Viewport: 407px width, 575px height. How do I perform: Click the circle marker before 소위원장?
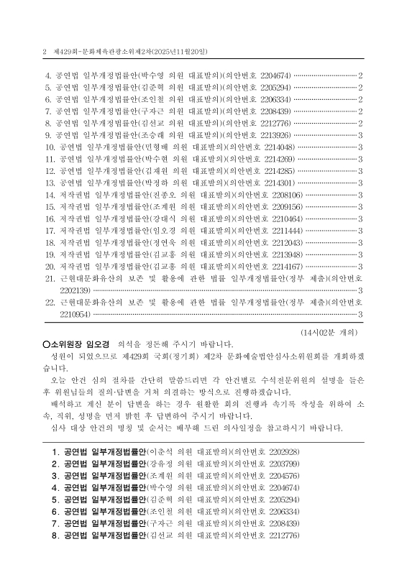[x=46, y=344]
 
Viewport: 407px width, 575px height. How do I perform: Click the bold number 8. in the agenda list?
[x=55, y=537]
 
